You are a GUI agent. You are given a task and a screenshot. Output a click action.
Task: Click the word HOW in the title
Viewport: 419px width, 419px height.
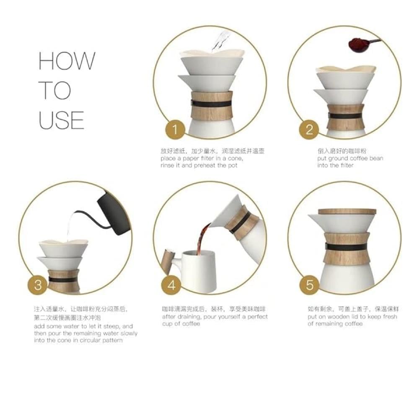[x=67, y=61]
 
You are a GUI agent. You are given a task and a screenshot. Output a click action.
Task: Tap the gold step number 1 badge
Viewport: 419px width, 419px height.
[x=175, y=130]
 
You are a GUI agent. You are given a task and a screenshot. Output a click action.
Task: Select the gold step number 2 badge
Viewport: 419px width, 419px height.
[x=309, y=129]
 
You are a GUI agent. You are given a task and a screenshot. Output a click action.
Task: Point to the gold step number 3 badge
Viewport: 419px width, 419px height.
[x=38, y=285]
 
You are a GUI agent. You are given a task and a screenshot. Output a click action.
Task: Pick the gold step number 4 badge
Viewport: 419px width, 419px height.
[x=171, y=285]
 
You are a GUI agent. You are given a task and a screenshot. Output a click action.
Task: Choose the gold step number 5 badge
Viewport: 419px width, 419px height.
[x=310, y=285]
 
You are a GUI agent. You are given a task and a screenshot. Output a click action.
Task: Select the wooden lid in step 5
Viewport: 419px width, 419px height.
[x=347, y=212]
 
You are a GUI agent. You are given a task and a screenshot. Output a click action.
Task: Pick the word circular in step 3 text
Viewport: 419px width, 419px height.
[x=91, y=340]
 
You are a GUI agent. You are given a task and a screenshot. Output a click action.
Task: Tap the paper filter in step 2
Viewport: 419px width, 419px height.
[x=346, y=69]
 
